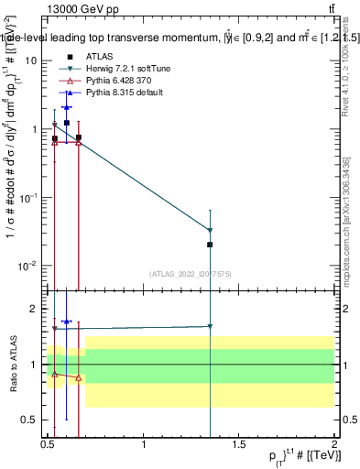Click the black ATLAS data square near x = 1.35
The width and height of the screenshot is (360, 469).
(211, 245)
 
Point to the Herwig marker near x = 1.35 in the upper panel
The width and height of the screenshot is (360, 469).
(211, 230)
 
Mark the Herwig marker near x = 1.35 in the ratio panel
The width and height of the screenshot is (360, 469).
(211, 326)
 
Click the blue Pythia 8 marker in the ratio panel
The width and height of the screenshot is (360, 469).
(66, 322)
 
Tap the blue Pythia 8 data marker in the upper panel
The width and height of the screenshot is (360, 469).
(66, 107)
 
